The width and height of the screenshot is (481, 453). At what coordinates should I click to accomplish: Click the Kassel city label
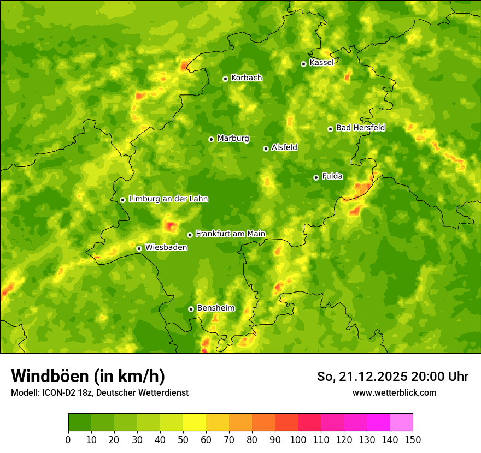coord(321,63)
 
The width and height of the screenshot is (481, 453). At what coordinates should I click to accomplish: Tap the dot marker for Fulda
coord(316,177)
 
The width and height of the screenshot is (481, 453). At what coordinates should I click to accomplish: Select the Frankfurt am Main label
coord(230,234)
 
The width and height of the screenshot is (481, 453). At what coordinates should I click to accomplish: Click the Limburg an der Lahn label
coord(168,199)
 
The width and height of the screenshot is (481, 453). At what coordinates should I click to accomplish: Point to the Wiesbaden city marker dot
coord(139,248)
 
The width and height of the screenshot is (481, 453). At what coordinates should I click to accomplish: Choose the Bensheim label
coord(215,308)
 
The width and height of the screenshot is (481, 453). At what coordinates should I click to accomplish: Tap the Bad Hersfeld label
coord(360,128)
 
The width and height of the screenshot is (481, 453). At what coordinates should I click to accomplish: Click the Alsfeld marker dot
coord(266,148)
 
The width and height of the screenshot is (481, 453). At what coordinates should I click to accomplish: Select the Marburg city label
coord(233,138)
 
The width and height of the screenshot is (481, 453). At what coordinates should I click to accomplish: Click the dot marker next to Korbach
coord(225,79)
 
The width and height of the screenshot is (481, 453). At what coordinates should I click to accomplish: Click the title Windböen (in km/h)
coord(87,376)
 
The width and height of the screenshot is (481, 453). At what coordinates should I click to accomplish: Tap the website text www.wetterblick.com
coord(394,392)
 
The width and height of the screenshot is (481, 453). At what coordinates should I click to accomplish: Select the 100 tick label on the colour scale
coord(297,439)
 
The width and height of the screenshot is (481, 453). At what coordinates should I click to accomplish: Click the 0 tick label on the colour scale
coord(68,439)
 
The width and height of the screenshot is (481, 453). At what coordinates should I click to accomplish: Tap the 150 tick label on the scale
coord(413,439)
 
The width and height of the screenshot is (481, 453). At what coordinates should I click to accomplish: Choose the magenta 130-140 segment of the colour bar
coord(378,422)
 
